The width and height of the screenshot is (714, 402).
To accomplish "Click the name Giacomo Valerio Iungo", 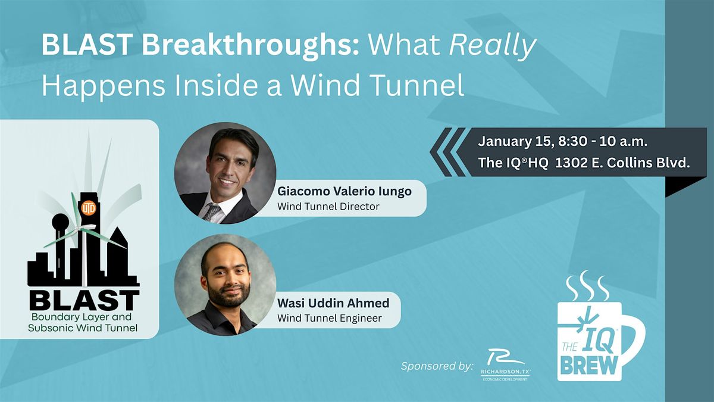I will click(345, 192).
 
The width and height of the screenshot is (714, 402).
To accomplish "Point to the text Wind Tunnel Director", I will click(328, 207).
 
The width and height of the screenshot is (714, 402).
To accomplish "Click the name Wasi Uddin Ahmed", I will click(333, 303).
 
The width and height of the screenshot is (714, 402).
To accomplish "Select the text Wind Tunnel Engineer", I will click(329, 319).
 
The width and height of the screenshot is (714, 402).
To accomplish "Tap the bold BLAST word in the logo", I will click(84, 300).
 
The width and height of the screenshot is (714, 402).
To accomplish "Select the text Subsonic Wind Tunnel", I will click(83, 327).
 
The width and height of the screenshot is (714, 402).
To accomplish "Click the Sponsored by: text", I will click(437, 365).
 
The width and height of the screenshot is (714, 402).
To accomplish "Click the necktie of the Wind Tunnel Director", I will click(212, 211).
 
